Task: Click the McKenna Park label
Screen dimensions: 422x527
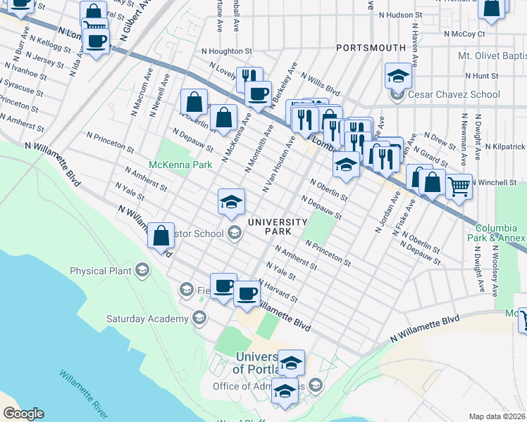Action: [180, 165]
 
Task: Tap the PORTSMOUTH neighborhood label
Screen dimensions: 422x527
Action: [371, 48]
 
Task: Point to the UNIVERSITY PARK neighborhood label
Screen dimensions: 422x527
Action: [277, 226]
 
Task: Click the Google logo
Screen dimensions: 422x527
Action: [23, 414]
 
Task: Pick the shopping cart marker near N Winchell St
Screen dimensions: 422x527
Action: [459, 186]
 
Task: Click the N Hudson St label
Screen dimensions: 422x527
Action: [399, 14]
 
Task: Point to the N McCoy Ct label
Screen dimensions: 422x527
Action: [465, 33]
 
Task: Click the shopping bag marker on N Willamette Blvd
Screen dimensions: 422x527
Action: [161, 236]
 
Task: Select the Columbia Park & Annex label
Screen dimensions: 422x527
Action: [501, 233]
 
